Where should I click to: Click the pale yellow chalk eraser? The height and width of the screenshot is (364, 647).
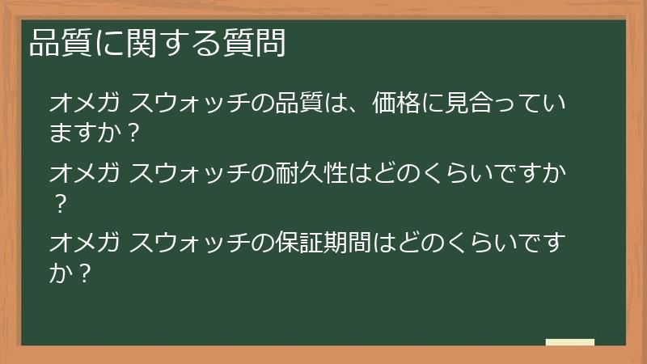(x=570, y=342)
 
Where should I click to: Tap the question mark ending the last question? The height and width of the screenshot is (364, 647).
(x=84, y=273)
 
